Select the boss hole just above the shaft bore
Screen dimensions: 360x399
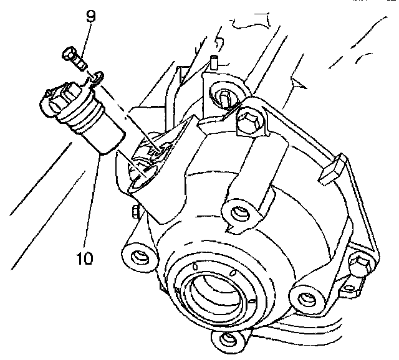[x=237, y=214]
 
